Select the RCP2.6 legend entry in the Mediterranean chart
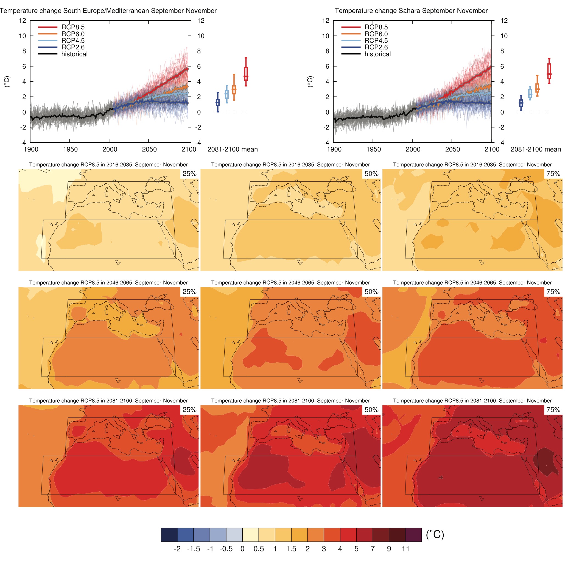(73, 47)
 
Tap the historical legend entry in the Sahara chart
(377, 54)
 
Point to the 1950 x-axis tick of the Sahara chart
(373, 149)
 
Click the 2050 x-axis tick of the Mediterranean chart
(149, 149)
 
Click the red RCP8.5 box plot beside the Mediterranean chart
(246, 73)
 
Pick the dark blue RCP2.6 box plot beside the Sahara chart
(521, 103)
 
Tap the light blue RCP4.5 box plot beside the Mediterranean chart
(227, 94)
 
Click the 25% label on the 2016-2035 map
(189, 174)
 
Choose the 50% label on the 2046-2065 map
(371, 292)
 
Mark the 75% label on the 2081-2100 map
(553, 410)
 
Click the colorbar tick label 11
(405, 549)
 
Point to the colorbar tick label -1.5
(194, 549)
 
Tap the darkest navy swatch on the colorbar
(169, 535)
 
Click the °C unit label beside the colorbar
(435, 535)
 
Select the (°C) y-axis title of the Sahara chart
(310, 82)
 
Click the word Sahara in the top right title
(409, 11)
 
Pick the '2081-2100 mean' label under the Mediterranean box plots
(232, 149)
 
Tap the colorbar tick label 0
(242, 549)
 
